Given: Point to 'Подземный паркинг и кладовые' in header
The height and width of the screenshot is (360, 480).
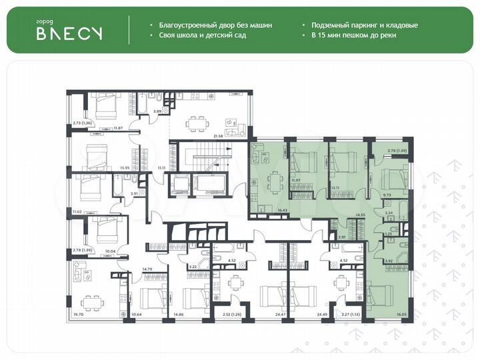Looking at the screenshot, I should point(364,25).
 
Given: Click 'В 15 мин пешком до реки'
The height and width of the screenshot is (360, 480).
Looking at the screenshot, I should point(353,35).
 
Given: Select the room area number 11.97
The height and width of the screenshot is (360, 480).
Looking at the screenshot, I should point(296,180).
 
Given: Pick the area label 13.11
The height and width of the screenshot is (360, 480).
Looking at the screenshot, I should point(335,188).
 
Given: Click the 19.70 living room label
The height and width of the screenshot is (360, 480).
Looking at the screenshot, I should point(80,313).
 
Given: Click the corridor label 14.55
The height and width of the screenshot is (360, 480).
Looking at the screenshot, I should point(360,215).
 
